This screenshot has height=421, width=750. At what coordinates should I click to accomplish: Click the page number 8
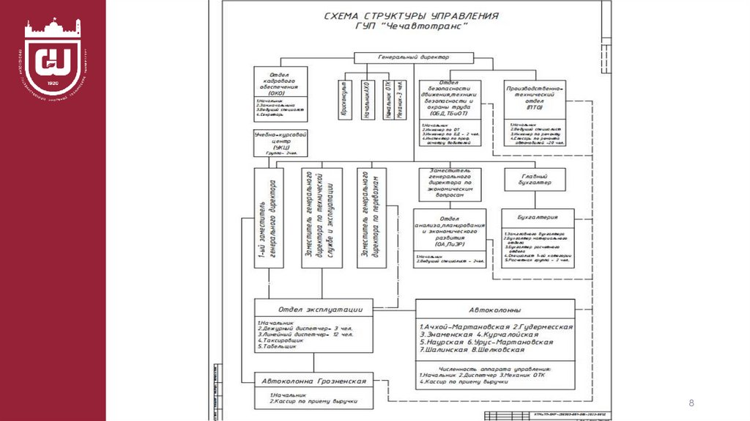click(690, 403)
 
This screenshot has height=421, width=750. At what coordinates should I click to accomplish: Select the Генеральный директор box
click(413, 56)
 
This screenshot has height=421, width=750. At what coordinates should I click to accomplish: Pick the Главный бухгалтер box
click(536, 179)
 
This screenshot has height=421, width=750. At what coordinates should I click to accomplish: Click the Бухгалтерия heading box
click(538, 217)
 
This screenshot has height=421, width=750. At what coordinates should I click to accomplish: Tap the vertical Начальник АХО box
click(365, 99)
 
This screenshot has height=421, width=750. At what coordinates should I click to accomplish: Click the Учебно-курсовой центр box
click(280, 144)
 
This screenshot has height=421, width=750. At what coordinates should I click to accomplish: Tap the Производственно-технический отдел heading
click(536, 95)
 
